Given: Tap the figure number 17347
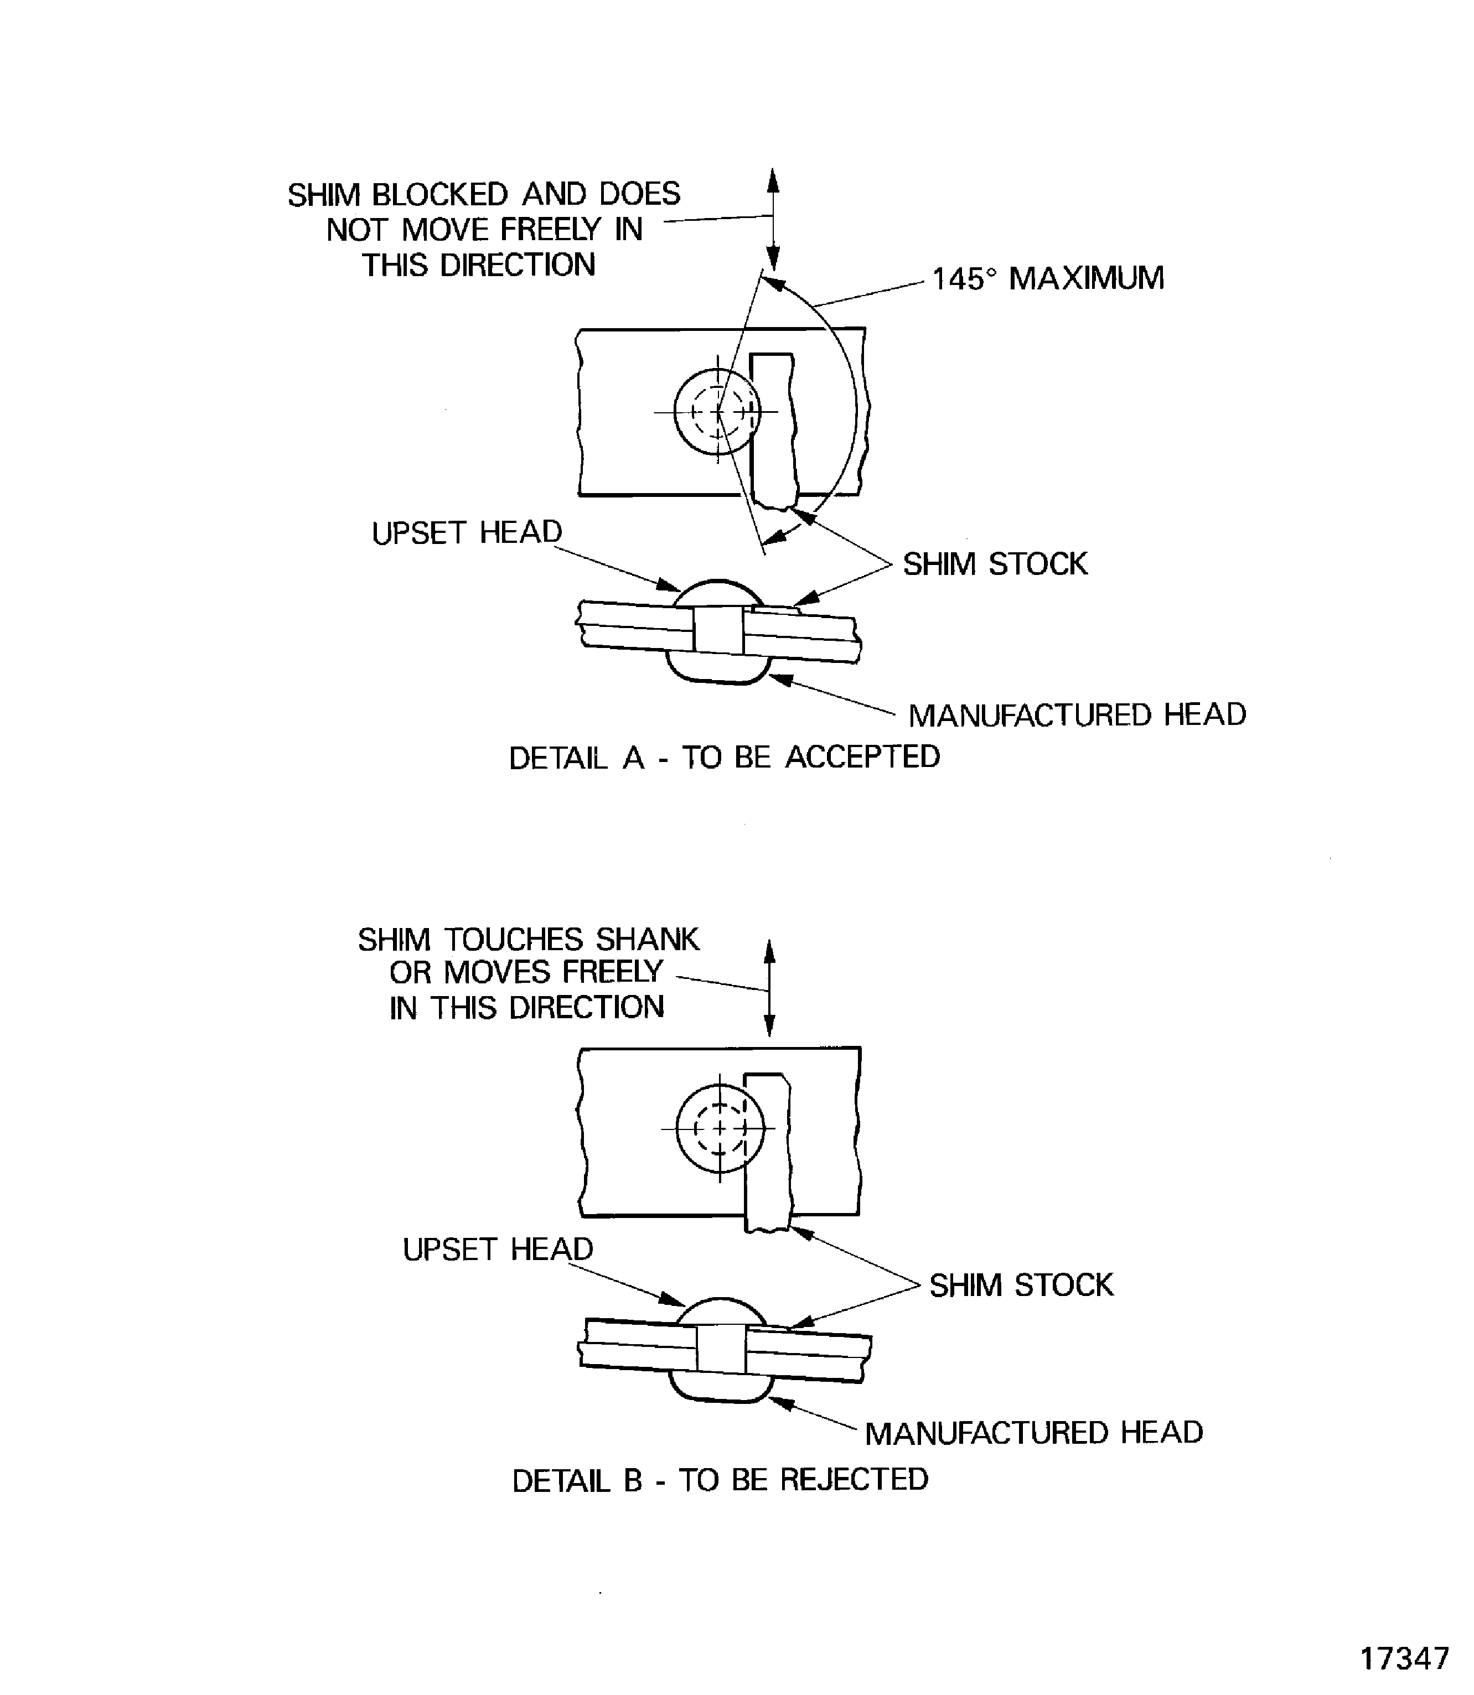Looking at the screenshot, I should coord(1404,1658).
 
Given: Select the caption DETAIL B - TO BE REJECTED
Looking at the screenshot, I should coord(720,1480).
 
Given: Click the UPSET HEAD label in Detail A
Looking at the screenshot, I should coord(467,533).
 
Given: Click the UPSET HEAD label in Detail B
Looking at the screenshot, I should coord(498,1249).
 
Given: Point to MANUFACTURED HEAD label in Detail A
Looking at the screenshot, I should coord(1077,714).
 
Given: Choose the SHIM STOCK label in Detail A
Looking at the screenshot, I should coord(995,564).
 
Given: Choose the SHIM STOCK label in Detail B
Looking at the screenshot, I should coord(1021,1284).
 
